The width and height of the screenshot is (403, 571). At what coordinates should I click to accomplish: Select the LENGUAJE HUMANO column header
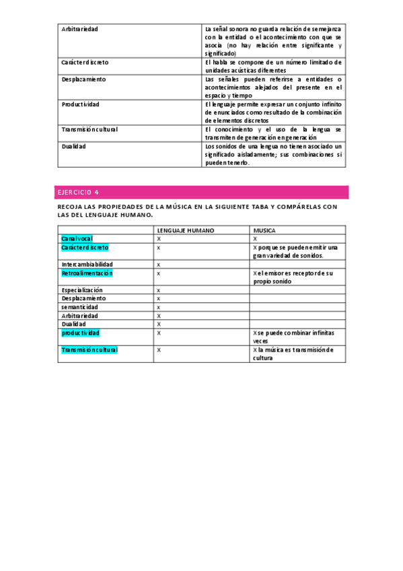(x=186, y=230)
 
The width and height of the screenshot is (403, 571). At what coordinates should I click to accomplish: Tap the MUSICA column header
(x=264, y=230)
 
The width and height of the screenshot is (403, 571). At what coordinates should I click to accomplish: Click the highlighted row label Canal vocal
(x=77, y=239)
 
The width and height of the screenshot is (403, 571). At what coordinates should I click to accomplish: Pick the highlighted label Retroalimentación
(x=87, y=273)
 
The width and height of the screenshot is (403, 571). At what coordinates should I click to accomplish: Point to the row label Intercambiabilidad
(x=87, y=265)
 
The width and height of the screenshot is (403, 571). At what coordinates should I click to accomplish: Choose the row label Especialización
(x=82, y=290)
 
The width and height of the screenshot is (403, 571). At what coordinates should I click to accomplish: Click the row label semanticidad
(x=79, y=307)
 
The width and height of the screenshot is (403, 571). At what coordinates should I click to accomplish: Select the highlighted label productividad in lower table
(x=80, y=333)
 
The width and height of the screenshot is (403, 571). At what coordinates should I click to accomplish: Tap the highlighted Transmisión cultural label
(x=89, y=350)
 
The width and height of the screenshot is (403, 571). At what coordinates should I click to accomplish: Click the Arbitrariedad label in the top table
(x=79, y=30)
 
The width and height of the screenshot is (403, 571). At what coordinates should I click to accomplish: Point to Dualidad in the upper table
(x=73, y=146)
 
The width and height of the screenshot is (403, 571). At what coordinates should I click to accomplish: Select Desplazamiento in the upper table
(x=83, y=79)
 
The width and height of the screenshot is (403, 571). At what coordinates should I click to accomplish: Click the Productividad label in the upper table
(x=80, y=105)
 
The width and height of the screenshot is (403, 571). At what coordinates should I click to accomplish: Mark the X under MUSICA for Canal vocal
(x=255, y=239)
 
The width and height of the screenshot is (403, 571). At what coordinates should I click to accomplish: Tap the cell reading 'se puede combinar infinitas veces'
(x=296, y=337)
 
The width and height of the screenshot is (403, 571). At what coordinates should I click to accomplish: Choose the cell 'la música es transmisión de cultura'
(x=296, y=354)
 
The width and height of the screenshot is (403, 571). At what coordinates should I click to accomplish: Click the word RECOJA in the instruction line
(x=70, y=207)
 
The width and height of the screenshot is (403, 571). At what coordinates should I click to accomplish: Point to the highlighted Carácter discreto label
(x=85, y=248)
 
